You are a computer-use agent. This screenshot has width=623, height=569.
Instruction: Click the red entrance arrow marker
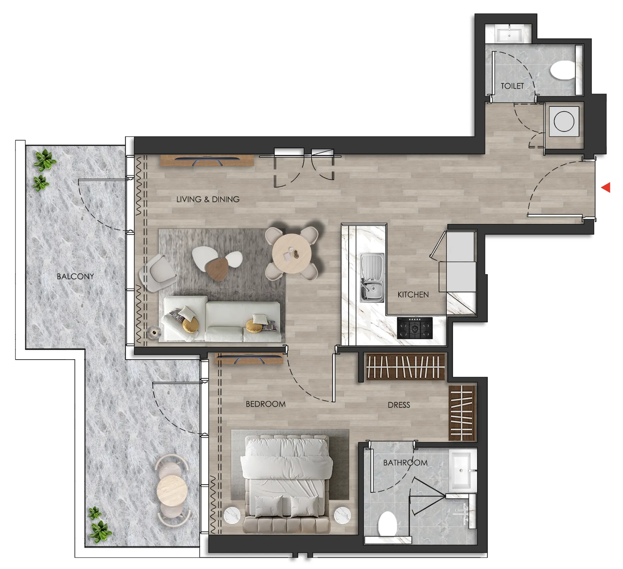(606, 187)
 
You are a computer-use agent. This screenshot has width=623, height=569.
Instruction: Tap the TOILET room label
(512, 86)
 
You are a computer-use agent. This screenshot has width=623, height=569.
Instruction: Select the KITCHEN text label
(413, 295)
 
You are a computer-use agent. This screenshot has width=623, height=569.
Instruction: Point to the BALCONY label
(75, 277)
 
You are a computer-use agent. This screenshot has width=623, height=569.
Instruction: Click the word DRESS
(399, 405)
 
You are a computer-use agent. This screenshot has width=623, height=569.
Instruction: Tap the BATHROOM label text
(405, 463)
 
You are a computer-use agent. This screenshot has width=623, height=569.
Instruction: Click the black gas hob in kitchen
(414, 328)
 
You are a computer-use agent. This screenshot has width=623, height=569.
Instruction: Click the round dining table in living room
(292, 254)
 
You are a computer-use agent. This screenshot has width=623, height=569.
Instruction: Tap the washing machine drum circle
(564, 121)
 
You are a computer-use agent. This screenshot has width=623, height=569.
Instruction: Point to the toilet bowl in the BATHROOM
(388, 524)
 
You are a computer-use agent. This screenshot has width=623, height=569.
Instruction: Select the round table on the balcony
(172, 491)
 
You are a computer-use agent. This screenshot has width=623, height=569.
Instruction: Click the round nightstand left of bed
(232, 516)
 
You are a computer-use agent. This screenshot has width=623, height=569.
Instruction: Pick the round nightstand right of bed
(342, 516)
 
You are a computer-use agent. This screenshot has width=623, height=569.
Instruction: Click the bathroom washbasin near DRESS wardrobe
(462, 470)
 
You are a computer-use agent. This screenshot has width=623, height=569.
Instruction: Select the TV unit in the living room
(207, 161)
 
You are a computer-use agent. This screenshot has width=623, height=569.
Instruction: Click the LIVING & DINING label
(208, 199)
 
